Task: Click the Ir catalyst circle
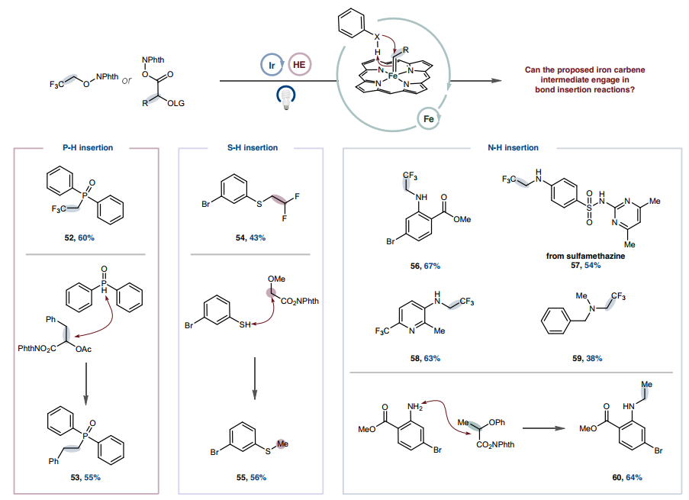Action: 272,66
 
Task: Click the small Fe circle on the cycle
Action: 428,118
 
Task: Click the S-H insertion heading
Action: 253,147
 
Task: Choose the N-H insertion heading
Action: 513,147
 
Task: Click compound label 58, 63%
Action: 424,357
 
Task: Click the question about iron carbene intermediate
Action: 584,79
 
